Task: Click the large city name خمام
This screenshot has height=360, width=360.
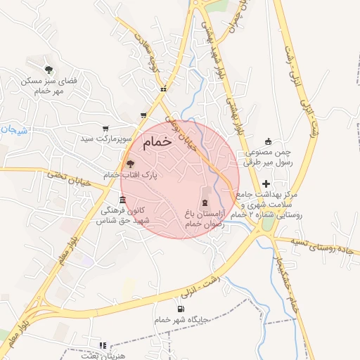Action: click(157, 142)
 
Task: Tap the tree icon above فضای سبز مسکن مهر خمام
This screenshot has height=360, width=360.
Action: click(49, 69)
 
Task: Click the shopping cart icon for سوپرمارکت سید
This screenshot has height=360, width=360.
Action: click(105, 129)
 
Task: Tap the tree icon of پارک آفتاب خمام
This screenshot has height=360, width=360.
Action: click(129, 163)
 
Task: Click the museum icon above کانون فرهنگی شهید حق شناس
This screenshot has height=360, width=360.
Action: click(124, 201)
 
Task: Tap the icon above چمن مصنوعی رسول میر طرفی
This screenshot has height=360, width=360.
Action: click(266, 141)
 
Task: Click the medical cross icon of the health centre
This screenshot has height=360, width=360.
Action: click(266, 183)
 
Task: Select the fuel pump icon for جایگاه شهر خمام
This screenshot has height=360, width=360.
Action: click(181, 309)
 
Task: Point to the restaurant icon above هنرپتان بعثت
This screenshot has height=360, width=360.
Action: click(103, 345)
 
